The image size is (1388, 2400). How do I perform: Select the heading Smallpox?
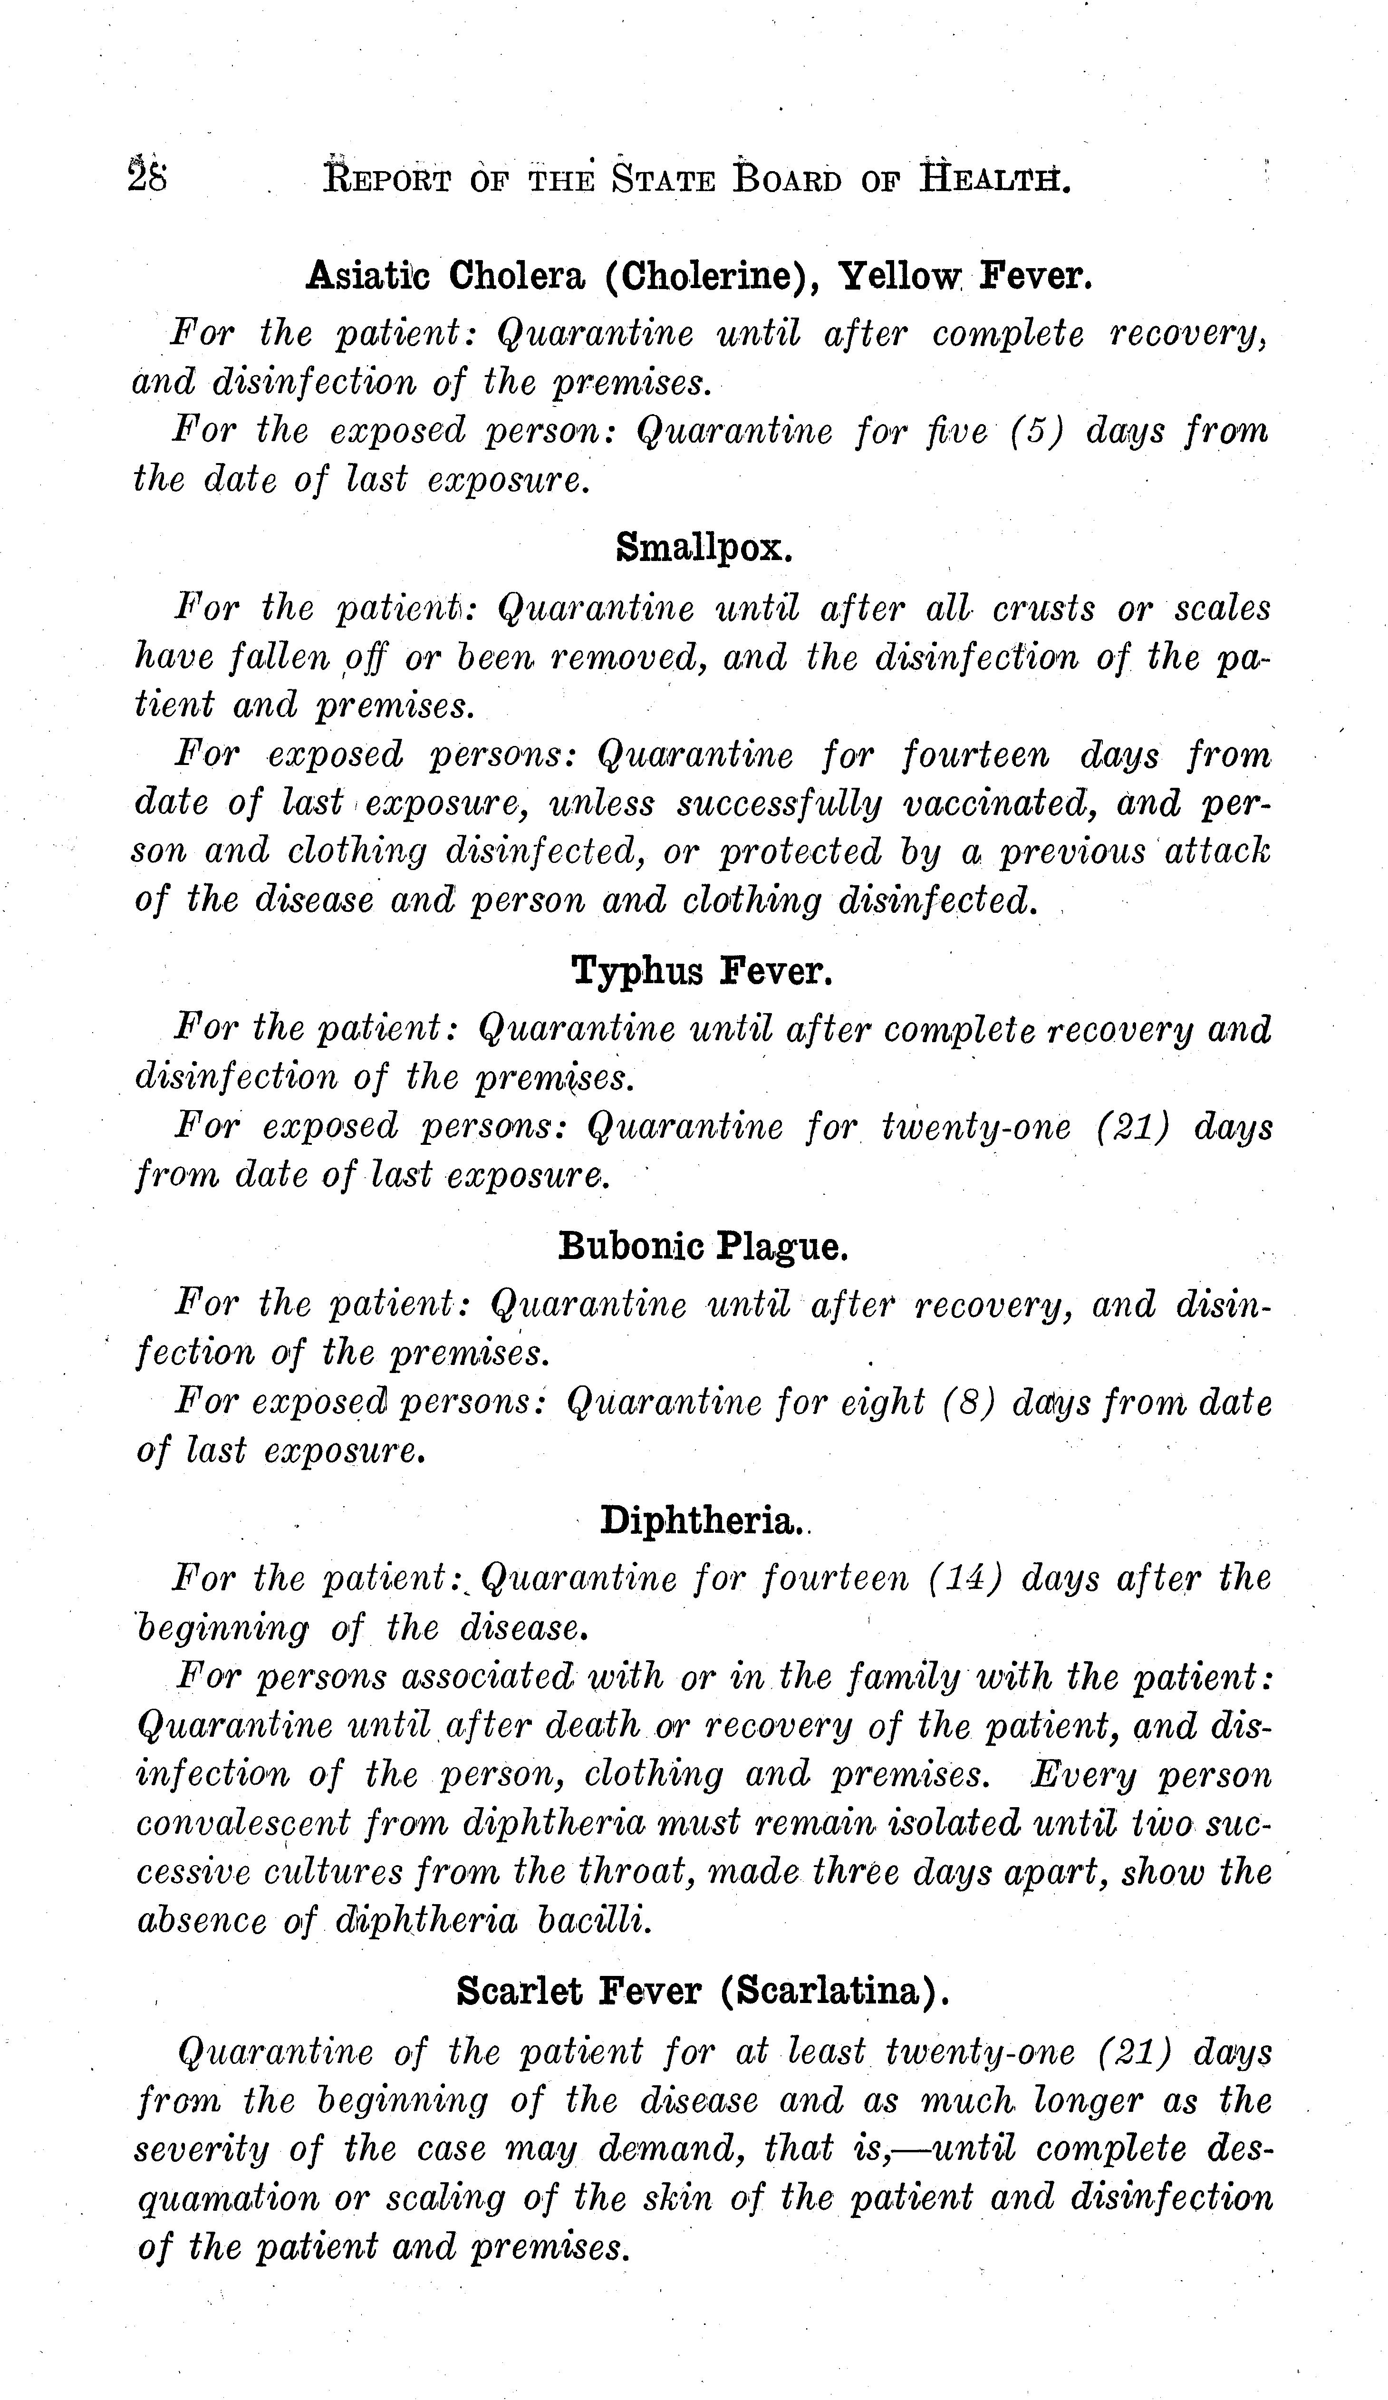click(x=704, y=547)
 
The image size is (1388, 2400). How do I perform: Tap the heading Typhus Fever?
click(x=703, y=971)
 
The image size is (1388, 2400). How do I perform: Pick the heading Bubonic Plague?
click(x=703, y=1246)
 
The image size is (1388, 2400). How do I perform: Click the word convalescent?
click(x=244, y=1823)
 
